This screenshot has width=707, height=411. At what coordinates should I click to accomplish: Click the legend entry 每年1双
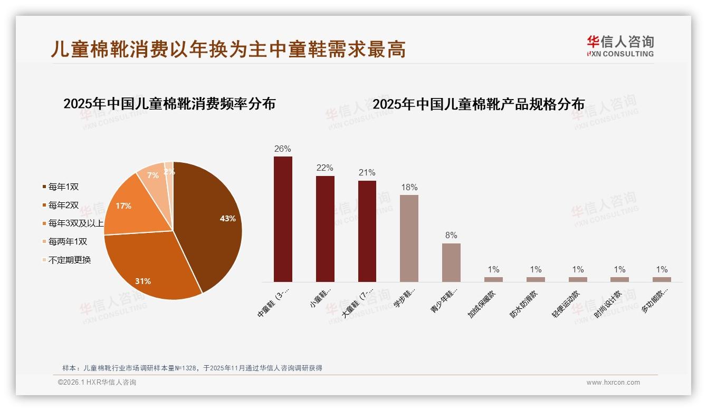(x=63, y=187)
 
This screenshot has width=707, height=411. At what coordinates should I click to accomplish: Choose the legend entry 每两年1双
(x=68, y=241)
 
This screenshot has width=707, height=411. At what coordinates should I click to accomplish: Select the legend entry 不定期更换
(x=69, y=260)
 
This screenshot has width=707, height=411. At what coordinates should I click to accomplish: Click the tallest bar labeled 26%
(x=283, y=219)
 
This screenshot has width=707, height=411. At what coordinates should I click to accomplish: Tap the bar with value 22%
(x=325, y=229)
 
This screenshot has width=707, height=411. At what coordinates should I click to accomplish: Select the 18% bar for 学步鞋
(x=409, y=238)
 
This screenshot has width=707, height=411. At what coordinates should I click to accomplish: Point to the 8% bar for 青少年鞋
(x=451, y=262)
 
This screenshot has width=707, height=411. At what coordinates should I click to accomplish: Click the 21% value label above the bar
(x=367, y=173)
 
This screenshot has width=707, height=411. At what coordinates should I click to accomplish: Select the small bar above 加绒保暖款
(x=493, y=279)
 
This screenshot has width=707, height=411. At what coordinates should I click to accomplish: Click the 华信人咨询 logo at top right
(x=620, y=46)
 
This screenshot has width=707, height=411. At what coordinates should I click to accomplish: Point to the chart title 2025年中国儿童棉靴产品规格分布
(x=479, y=104)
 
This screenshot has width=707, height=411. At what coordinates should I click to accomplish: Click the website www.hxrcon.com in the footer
(x=613, y=383)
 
